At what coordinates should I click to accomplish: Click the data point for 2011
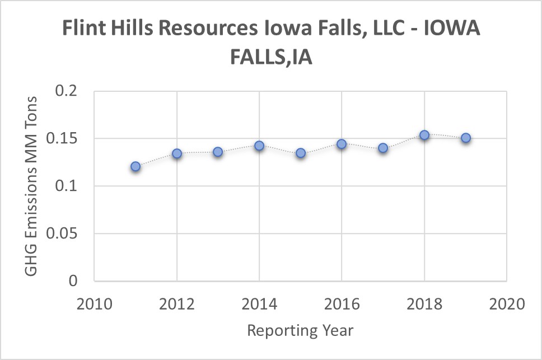point(135,166)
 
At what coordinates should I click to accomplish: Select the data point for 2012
point(177,153)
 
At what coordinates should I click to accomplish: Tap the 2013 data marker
point(218,152)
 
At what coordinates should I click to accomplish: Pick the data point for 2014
point(259,146)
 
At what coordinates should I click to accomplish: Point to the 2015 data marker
point(301,153)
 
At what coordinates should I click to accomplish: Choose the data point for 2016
point(342,144)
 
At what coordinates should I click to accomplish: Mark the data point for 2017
point(383,148)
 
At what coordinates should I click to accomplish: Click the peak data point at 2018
point(424,135)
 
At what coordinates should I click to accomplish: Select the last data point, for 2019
point(465,138)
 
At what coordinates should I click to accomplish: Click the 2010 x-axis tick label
point(94,305)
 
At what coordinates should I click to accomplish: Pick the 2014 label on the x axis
point(259,305)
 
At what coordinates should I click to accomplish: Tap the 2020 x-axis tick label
point(507,305)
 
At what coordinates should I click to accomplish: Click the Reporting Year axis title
point(300,330)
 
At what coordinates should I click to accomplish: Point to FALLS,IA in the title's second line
point(271,57)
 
